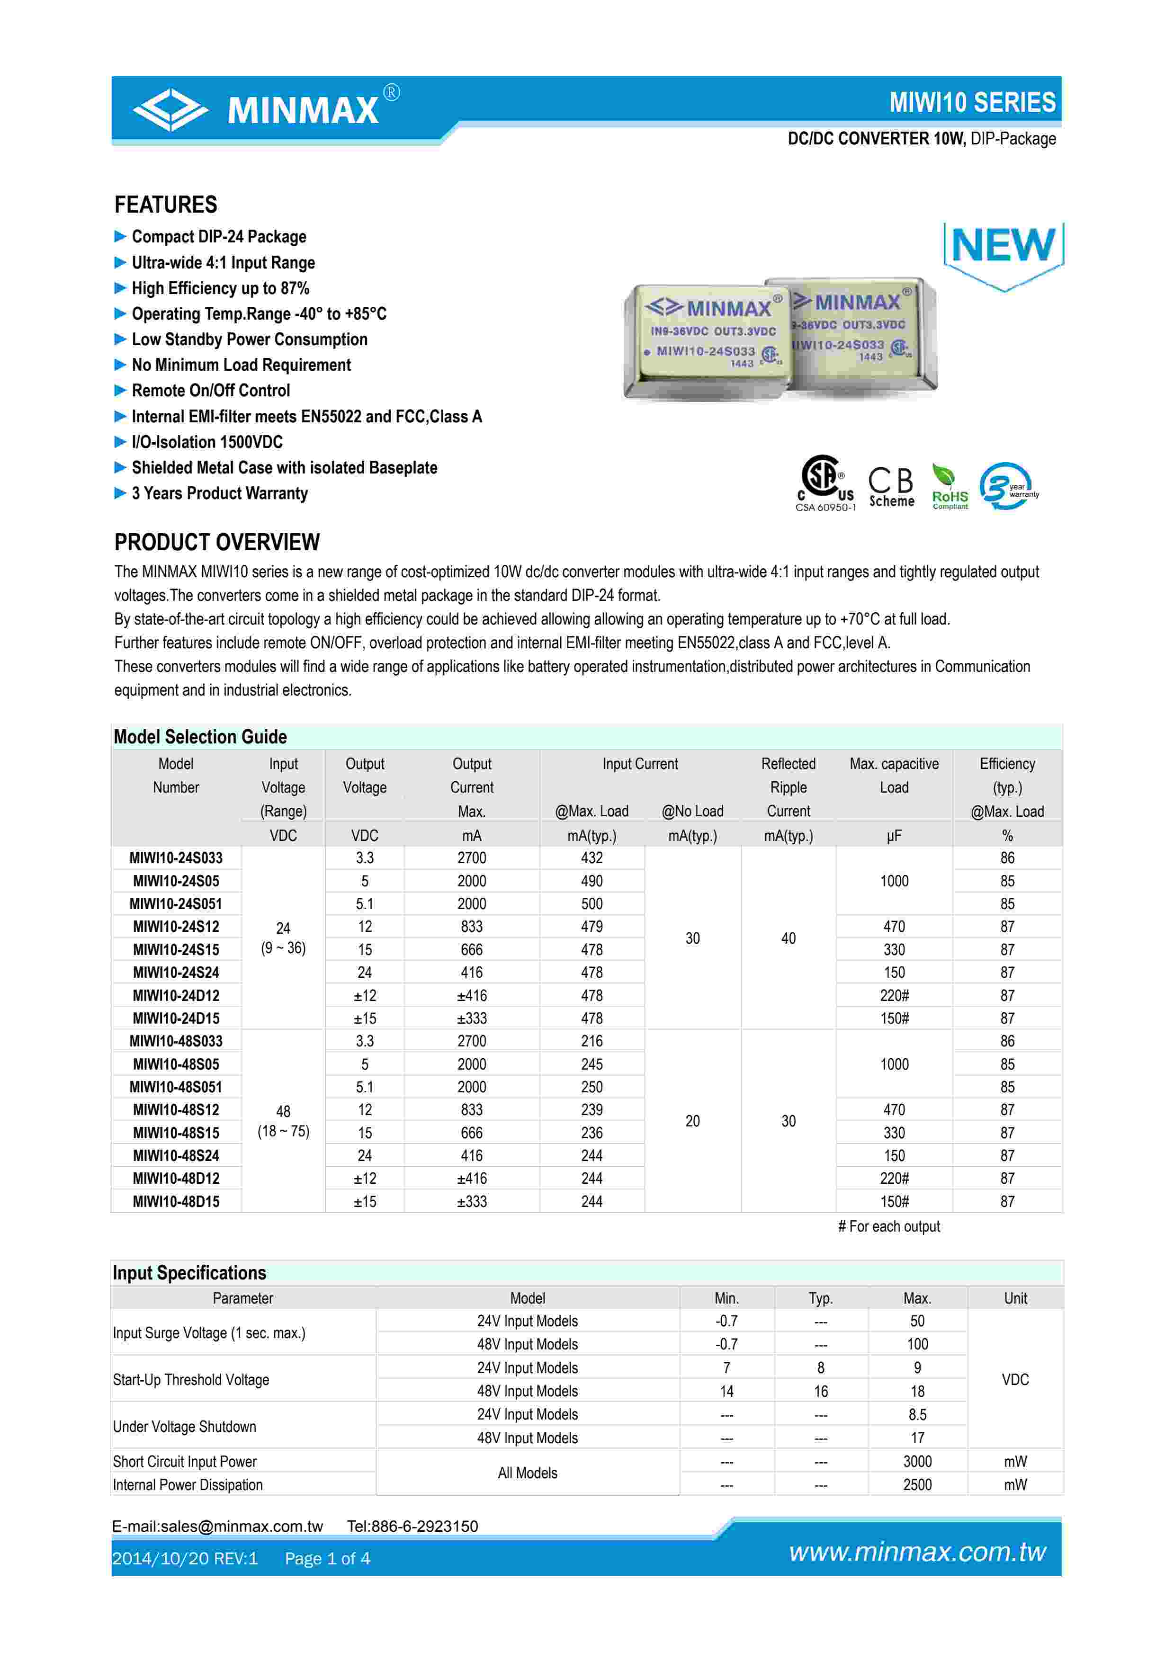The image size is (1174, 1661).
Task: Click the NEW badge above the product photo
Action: pos(1004,248)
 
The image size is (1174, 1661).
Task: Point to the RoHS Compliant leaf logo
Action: pos(949,487)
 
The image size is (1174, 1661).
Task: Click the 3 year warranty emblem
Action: pos(1008,486)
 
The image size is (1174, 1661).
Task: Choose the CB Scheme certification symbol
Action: pos(891,486)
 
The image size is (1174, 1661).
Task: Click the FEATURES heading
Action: pos(166,205)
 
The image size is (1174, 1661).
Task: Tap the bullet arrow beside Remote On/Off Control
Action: pos(120,391)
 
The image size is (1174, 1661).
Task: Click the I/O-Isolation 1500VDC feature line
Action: pos(207,442)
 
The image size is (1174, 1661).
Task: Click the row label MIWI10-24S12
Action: pos(176,927)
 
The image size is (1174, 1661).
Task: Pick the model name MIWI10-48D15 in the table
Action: pos(176,1202)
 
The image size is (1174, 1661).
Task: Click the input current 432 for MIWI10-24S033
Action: pos(591,858)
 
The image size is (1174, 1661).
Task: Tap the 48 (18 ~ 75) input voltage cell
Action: pos(283,1121)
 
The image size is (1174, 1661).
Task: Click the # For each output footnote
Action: pos(888,1226)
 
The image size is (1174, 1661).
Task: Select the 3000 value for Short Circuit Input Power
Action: pos(916,1461)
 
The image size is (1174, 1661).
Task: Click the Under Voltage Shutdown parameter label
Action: pos(184,1427)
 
